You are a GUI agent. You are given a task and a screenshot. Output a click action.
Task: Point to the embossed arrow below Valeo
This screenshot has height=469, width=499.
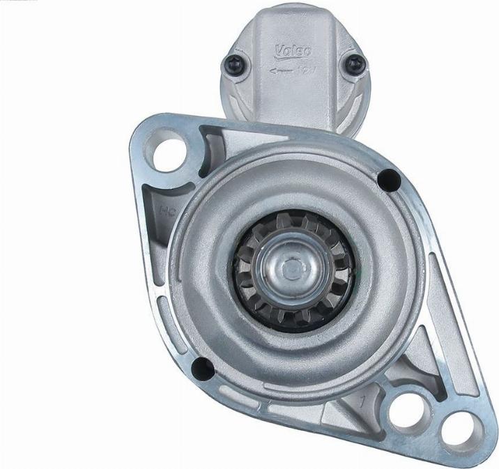click(x=282, y=69)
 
